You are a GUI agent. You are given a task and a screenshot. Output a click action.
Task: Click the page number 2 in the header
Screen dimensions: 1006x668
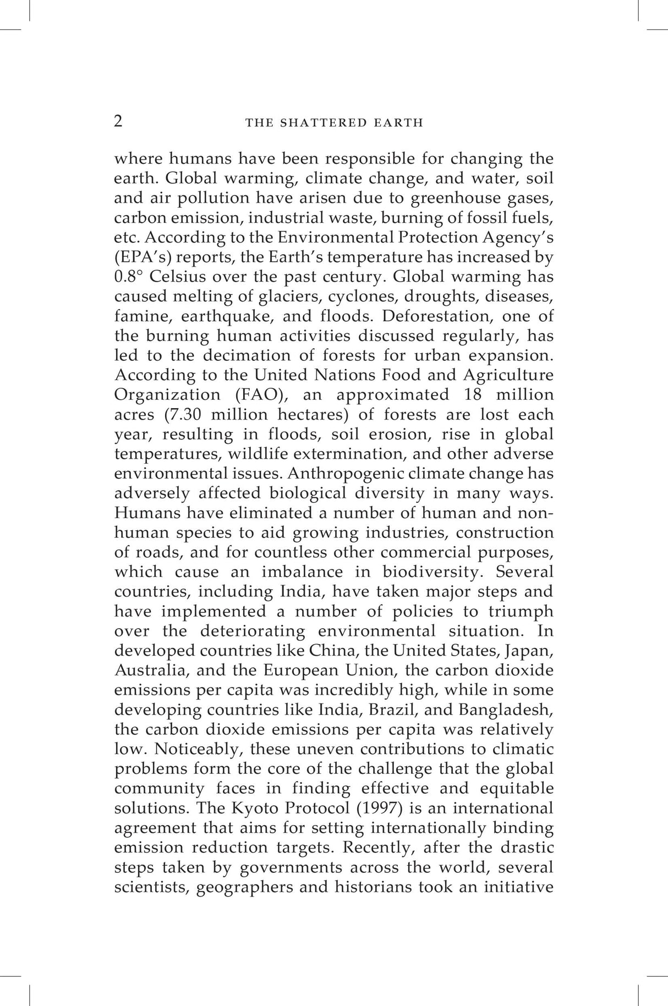(x=118, y=121)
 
